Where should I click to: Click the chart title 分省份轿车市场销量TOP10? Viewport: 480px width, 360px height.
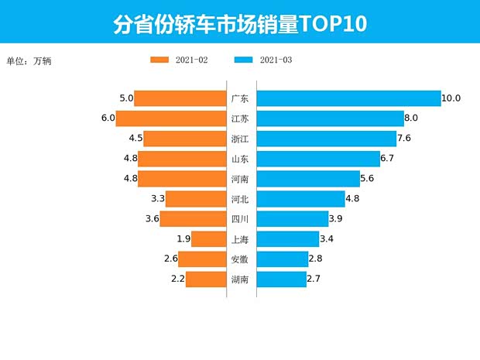coord(239,24)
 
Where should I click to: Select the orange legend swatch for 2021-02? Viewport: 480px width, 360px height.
coord(159,60)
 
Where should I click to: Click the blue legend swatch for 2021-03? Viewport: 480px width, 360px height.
coord(243,60)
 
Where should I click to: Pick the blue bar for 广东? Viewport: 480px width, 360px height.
coord(348,98)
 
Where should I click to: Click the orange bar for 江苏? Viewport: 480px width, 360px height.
coord(171,118)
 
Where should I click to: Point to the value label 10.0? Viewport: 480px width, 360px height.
coord(451,98)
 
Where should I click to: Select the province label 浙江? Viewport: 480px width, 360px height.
coord(240,139)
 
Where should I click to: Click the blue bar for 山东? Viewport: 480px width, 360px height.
coord(318,159)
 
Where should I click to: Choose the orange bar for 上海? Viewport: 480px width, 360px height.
coord(207,239)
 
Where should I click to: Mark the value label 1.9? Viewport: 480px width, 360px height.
coord(183,239)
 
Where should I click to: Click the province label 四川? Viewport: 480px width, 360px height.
coord(240,219)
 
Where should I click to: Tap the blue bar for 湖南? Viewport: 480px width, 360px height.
coord(281,279)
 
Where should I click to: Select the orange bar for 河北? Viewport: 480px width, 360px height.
coord(195,199)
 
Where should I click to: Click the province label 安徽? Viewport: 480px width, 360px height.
coord(240,259)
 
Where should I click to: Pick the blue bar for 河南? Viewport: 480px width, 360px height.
coord(308,179)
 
